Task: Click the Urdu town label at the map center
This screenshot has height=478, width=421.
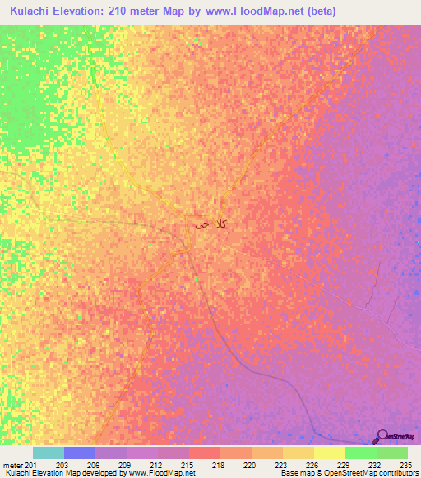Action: [x=210, y=223]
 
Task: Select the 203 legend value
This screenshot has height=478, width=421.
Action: [x=62, y=464]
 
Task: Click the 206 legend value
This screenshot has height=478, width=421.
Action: [x=94, y=464]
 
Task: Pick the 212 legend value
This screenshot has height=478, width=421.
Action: [x=157, y=464]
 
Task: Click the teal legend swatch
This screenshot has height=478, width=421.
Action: [x=49, y=453]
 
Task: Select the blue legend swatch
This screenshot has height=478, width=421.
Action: [x=80, y=453]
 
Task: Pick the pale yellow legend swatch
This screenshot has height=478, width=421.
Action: [x=330, y=453]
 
